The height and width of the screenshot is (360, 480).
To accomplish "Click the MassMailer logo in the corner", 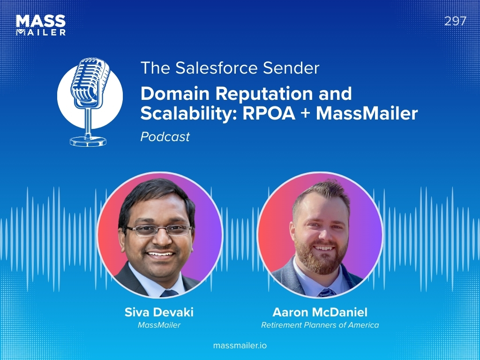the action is click(41, 25).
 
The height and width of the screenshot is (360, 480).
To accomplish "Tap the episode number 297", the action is click(455, 21).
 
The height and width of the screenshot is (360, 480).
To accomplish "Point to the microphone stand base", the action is click(88, 141).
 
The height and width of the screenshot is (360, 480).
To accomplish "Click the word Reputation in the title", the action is click(264, 94).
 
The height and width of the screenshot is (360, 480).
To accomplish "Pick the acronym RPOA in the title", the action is click(269, 113).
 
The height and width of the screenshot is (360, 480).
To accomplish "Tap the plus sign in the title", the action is click(306, 114).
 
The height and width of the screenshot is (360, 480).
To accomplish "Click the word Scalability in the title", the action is click(189, 114).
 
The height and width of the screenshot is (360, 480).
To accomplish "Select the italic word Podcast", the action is click(165, 136).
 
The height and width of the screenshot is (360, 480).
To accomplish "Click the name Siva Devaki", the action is click(159, 312).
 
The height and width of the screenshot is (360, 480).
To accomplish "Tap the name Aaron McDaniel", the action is click(320, 312).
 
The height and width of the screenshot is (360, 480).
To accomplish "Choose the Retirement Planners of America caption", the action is click(320, 325).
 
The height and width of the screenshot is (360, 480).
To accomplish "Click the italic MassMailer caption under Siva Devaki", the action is click(159, 325).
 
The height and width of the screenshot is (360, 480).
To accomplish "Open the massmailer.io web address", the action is click(240, 345).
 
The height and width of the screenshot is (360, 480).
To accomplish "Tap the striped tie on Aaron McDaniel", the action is click(327, 292).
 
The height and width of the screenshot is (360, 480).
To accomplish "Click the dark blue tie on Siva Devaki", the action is click(169, 293).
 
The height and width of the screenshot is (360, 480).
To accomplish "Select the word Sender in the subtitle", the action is click(291, 67).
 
